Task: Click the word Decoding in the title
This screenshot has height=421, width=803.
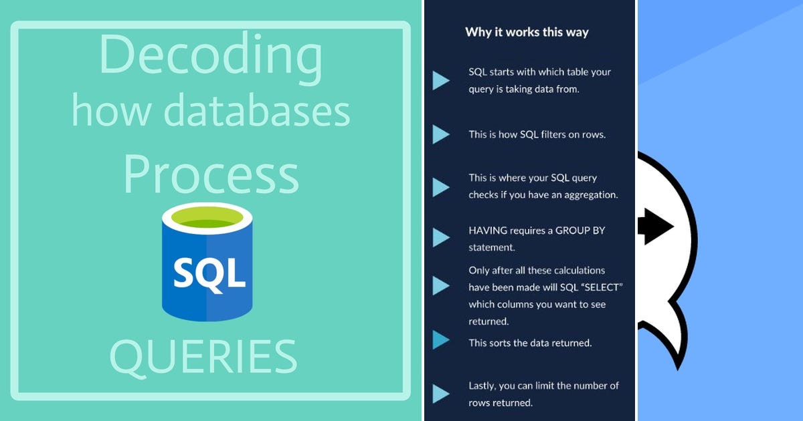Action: tap(210, 56)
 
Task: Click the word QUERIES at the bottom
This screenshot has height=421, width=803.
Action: tap(203, 356)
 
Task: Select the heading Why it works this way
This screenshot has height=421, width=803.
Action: tap(527, 31)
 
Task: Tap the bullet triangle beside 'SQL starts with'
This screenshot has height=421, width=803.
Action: tap(440, 80)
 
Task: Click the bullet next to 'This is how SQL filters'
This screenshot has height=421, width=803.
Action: tap(440, 134)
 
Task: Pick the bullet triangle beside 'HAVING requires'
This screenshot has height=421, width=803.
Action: tap(440, 237)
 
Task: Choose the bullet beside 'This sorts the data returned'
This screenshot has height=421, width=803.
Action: tap(440, 340)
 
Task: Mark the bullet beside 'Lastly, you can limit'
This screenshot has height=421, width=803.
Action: tap(440, 393)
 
